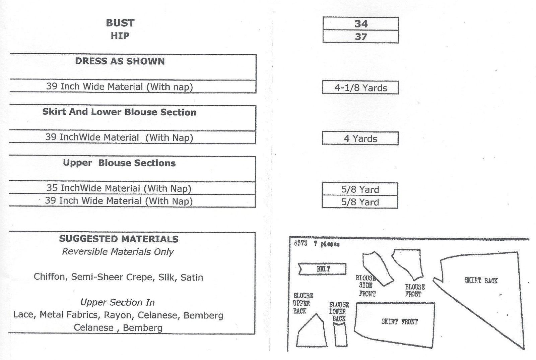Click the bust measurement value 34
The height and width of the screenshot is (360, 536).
361,24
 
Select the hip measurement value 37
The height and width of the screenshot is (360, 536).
361,37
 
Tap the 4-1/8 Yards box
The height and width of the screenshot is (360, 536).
360,88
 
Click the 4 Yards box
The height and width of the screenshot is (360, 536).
360,138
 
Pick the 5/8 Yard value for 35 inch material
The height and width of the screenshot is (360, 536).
360,189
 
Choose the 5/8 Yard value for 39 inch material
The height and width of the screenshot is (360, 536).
360,202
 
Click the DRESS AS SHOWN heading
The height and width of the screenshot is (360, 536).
120,61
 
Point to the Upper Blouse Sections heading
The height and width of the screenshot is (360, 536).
119,163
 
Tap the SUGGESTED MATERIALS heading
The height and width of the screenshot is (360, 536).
119,239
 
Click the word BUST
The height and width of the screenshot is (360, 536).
120,23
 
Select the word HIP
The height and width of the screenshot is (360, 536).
120,36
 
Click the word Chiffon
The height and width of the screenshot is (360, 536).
49,277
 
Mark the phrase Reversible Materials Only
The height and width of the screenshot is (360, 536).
118,252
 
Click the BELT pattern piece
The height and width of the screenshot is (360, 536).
322,269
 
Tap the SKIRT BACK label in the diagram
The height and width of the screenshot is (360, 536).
481,281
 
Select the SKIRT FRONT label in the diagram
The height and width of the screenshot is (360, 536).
399,322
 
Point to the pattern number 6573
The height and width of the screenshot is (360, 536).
300,244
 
